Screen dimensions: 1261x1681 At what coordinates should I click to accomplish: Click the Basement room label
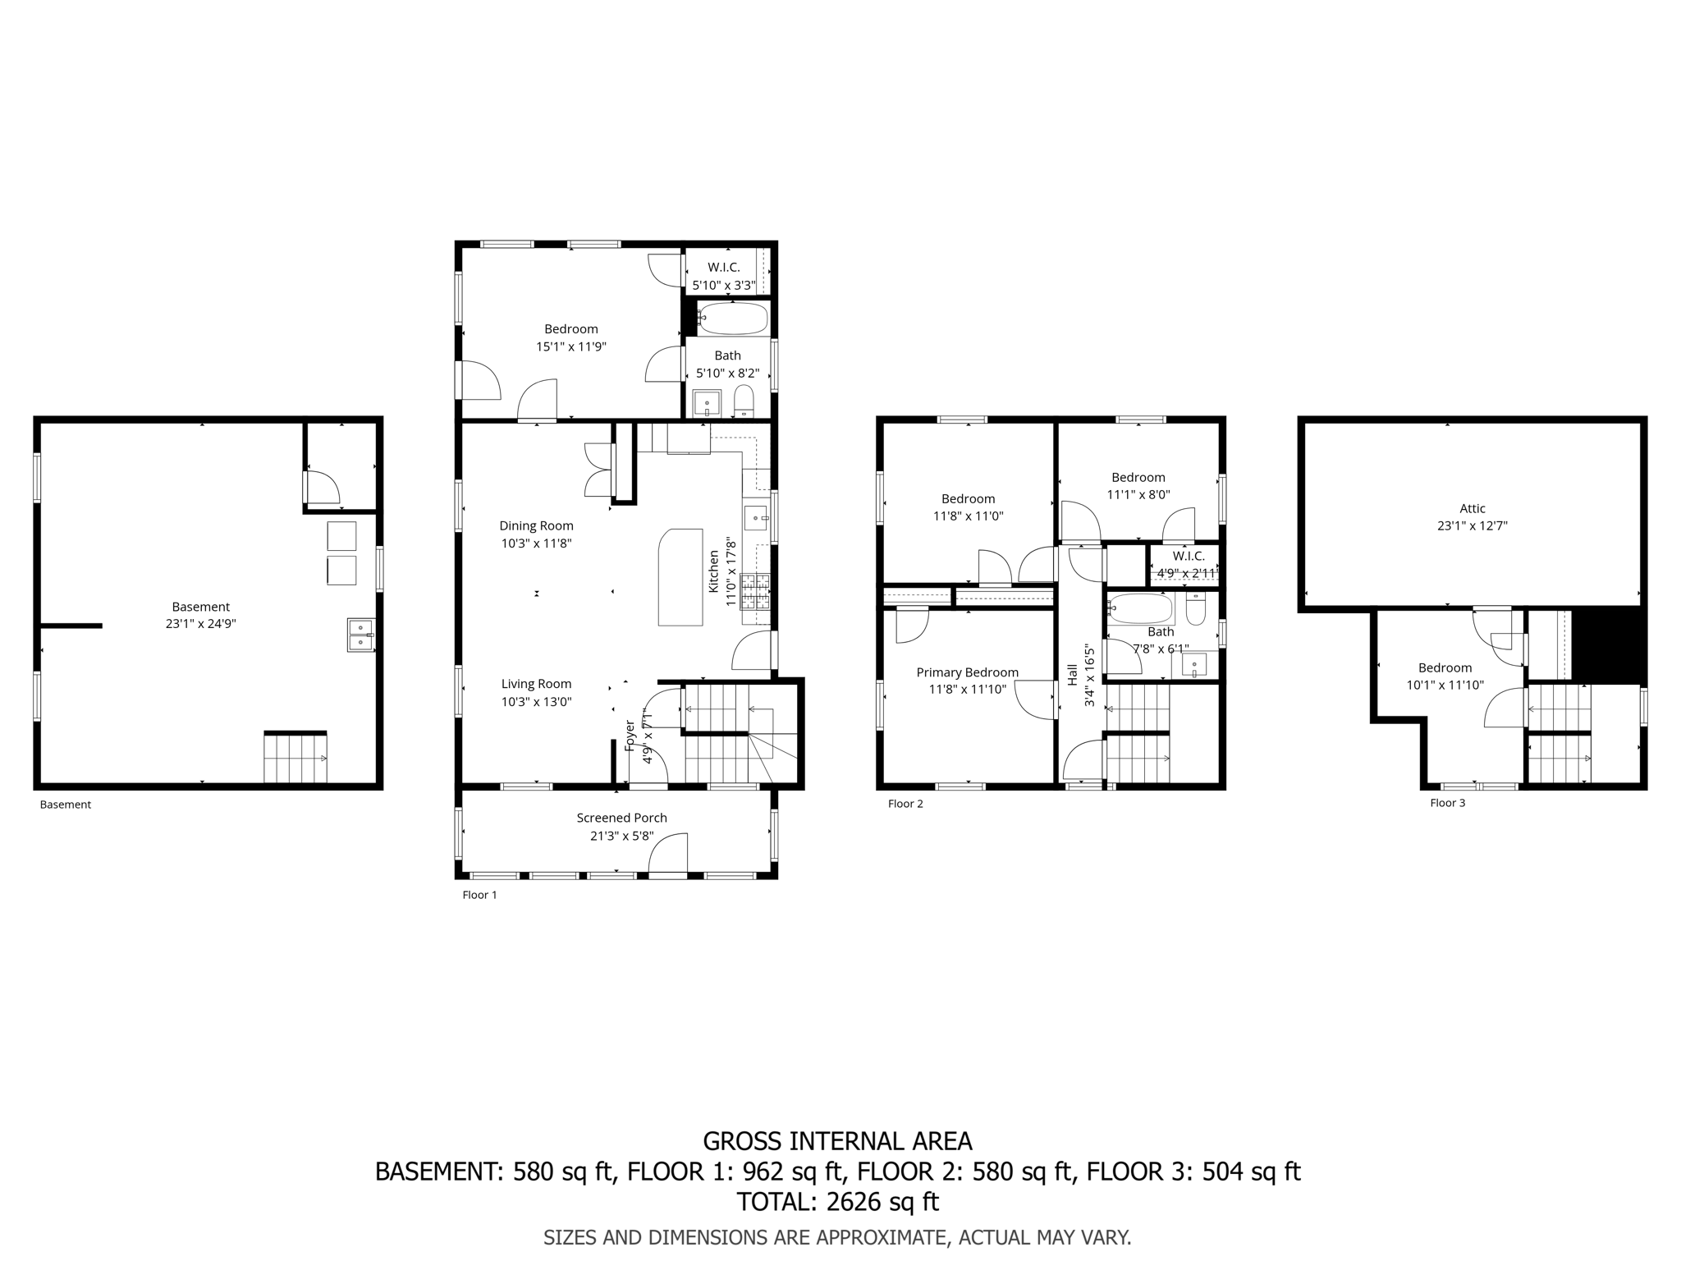pos(200,607)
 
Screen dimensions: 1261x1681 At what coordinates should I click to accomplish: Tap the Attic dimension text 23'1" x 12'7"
pos(1472,526)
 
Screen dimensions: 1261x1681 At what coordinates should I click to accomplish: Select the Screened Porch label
pos(621,818)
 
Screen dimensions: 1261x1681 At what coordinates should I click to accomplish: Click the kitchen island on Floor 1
pos(680,577)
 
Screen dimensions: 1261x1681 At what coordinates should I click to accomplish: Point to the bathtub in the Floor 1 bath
pos(733,319)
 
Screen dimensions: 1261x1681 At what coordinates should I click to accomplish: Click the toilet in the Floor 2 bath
pos(1195,610)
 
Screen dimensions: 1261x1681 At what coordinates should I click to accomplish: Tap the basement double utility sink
pos(360,635)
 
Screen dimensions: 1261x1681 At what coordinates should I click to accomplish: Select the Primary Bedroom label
pos(967,672)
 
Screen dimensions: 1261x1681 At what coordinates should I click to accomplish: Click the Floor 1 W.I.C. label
pos(723,268)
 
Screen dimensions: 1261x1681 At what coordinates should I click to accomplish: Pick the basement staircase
pos(295,758)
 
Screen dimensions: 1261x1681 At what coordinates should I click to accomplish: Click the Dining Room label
pos(536,525)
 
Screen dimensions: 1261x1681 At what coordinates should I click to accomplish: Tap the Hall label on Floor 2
pos(1073,675)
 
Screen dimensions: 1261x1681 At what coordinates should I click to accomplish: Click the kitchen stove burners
pos(755,591)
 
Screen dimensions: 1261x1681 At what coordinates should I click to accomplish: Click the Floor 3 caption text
pos(1447,803)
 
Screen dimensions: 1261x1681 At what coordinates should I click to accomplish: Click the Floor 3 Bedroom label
pos(1445,667)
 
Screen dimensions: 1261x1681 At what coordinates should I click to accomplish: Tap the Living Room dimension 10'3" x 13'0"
pos(536,702)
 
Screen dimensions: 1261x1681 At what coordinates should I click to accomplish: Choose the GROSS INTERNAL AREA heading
pos(837,1141)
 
